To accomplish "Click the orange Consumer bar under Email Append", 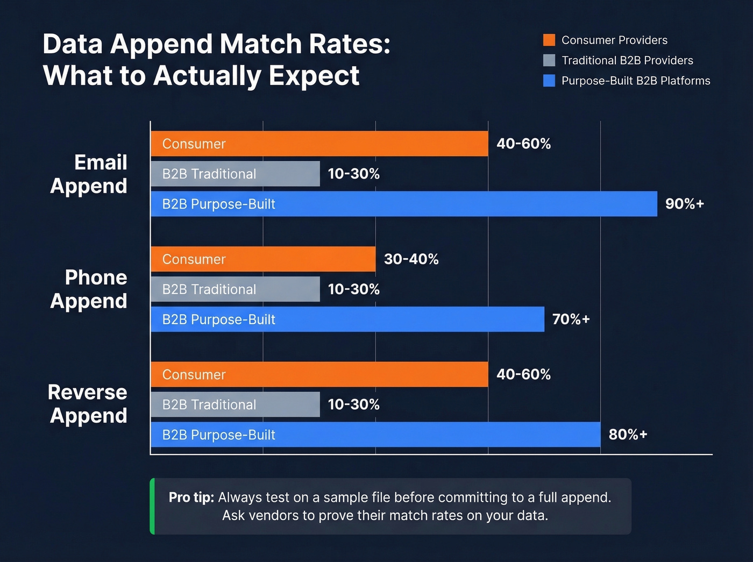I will coord(319,144).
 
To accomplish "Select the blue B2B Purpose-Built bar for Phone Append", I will coord(347,319).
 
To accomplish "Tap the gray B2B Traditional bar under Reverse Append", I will coord(235,404).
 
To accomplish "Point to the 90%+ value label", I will coord(684,204).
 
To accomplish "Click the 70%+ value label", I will coord(571,319).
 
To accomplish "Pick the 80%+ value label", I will coord(628,435).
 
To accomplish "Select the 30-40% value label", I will coord(411,259).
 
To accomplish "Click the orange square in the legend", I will coord(549,40).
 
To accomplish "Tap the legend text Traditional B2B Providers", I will coord(627,60).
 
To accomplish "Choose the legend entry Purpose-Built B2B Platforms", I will coord(635,81).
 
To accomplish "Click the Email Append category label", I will coord(89,174).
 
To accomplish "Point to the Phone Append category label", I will coord(89,289).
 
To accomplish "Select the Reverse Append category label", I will coord(88,404).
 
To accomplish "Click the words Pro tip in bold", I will coord(191,497).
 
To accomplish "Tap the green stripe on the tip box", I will coord(152,506).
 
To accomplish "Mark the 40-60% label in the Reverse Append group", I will coord(523,374).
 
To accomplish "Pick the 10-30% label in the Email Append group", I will coord(353,174).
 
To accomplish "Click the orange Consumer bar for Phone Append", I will coord(263,259).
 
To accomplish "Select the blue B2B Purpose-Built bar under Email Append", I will coord(403,204).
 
